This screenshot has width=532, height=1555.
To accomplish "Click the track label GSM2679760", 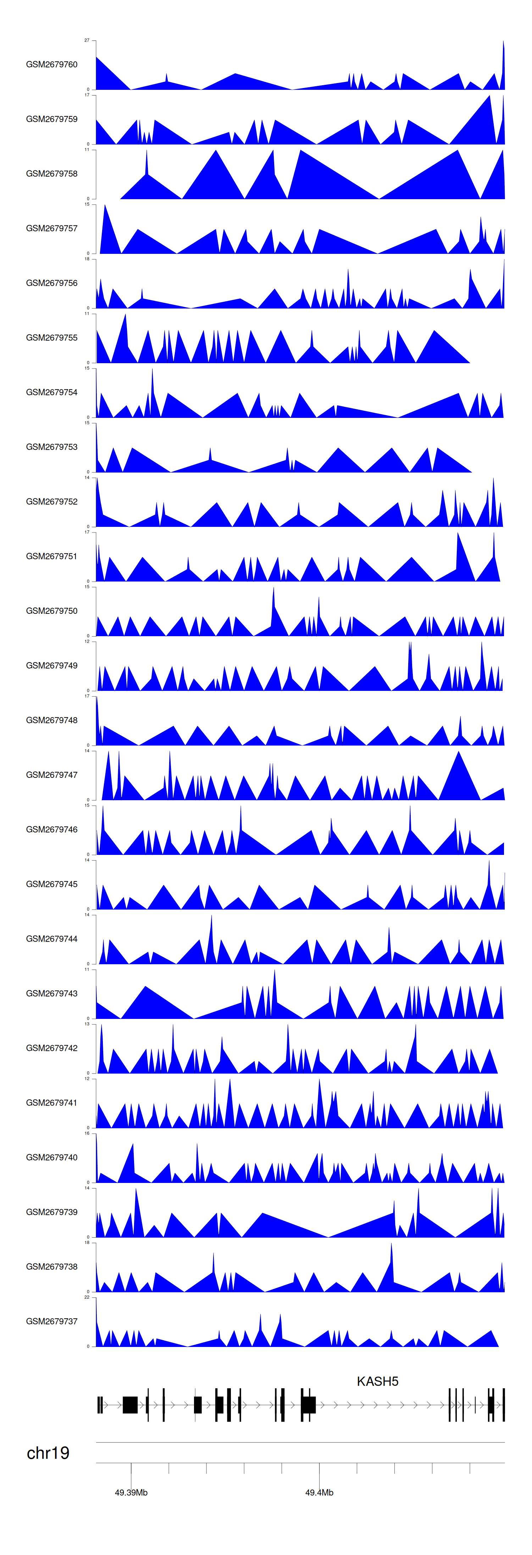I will [51, 65].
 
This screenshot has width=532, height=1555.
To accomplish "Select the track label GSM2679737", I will [51, 1321].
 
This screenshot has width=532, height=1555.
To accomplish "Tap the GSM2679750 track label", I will [51, 611].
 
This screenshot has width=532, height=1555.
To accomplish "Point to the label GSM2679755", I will [51, 337].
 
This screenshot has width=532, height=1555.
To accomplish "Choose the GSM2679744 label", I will [51, 939].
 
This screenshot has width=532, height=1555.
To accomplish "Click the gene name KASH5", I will [378, 1381].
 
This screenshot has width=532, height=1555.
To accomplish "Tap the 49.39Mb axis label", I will [131, 1492].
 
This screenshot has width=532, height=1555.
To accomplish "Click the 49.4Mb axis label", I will [319, 1492].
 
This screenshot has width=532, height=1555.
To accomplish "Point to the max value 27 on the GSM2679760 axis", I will [87, 40].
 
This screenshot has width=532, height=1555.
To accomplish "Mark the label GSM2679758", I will [51, 174].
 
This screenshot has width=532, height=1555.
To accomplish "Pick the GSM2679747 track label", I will [51, 775].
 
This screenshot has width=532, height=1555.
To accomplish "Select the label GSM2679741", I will [51, 1103].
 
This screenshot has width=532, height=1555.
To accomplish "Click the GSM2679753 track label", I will [51, 447].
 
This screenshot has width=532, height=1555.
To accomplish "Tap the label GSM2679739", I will [51, 1212].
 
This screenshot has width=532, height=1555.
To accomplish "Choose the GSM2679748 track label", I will [51, 720].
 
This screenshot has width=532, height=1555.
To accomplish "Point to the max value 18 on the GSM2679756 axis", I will [87, 259].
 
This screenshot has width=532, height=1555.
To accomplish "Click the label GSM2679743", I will [51, 994].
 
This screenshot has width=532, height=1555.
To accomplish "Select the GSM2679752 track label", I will [51, 502].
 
